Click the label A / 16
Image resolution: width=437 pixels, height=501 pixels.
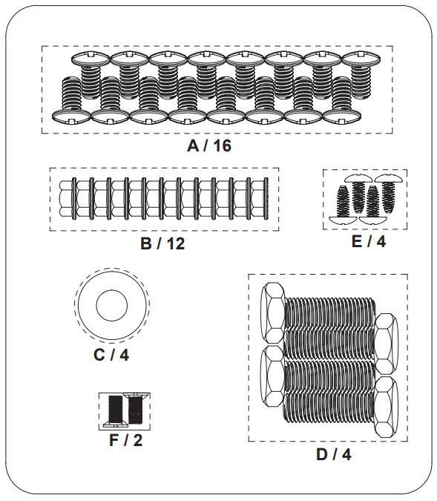[x=209, y=145]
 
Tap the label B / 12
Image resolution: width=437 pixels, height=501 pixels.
[x=162, y=243]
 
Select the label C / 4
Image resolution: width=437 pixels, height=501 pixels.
[x=111, y=355]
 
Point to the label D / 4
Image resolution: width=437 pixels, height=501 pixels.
[x=334, y=454]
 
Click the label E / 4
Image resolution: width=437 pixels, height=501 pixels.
[x=369, y=241]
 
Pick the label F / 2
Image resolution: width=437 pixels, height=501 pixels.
[x=126, y=440]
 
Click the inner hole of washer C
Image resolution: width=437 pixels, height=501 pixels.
[x=112, y=305]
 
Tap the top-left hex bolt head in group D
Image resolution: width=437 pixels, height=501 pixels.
[x=273, y=312]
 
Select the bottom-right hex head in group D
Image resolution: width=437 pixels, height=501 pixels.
[x=387, y=407]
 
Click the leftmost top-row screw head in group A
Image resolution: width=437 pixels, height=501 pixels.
[x=91, y=59]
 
